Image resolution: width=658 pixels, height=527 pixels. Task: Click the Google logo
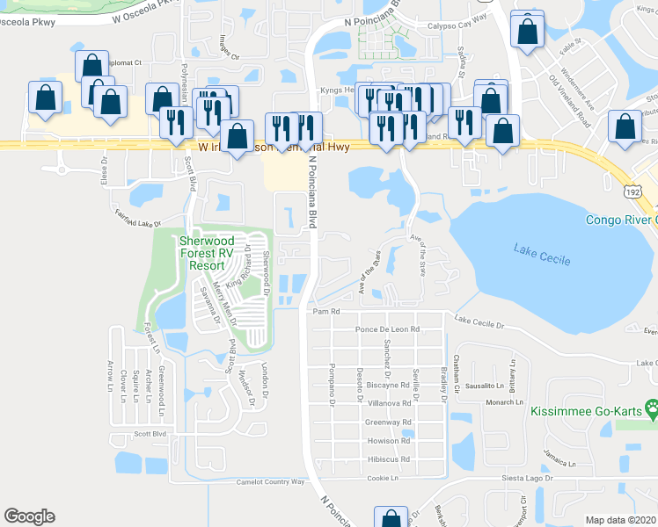coord(29,516)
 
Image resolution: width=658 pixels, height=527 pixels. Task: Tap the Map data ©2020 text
coord(620,520)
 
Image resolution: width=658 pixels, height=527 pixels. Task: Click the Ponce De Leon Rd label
coord(387,329)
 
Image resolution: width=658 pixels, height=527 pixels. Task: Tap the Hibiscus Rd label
coord(388,459)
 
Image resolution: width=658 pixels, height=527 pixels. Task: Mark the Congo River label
coord(621,219)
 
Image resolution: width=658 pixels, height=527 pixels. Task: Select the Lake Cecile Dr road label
coord(479,323)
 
